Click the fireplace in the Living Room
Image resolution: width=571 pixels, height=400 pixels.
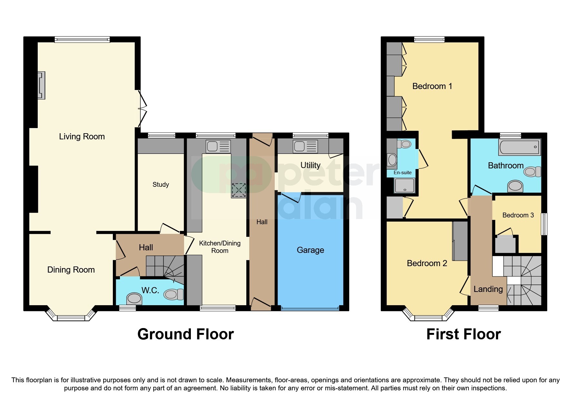pyautogui.click(x=41, y=85)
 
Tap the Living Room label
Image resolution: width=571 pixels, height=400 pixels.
pyautogui.click(x=82, y=136)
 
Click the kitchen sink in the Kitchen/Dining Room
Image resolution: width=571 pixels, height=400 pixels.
pyautogui.click(x=218, y=146)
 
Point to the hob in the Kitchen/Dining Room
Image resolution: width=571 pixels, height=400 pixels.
pyautogui.click(x=239, y=190)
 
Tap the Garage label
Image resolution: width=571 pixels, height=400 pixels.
pyautogui.click(x=310, y=250)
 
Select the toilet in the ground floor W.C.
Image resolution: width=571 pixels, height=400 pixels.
pyautogui.click(x=173, y=294)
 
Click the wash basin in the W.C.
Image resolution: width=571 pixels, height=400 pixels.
pyautogui.click(x=134, y=299)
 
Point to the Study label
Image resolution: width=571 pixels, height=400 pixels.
pyautogui.click(x=161, y=185)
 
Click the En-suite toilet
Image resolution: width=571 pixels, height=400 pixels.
pyautogui.click(x=404, y=144)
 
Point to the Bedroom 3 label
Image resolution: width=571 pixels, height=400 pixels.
pyautogui.click(x=518, y=215)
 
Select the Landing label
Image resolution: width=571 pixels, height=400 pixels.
pyautogui.click(x=488, y=289)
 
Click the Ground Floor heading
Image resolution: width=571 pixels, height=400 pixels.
pyautogui.click(x=185, y=334)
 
